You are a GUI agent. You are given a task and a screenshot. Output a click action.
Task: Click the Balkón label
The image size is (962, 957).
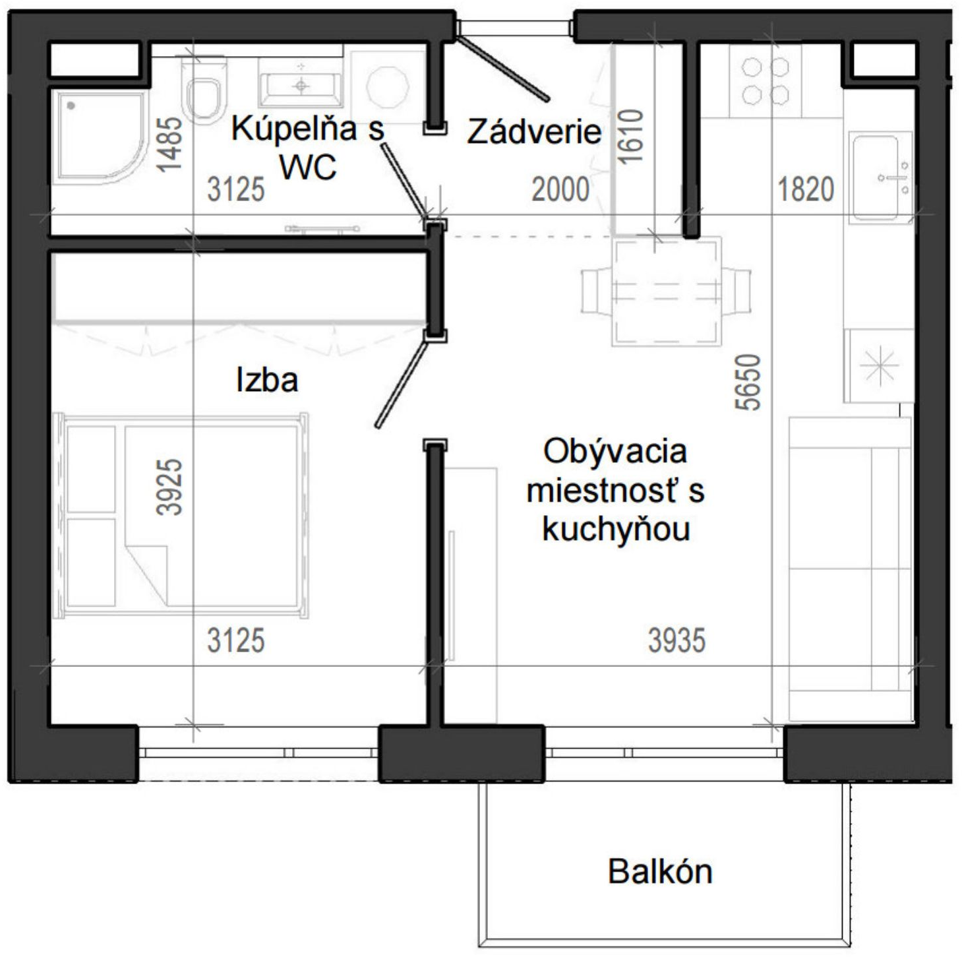click(x=659, y=872)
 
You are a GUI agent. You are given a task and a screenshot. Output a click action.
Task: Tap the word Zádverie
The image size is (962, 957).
click(x=533, y=132)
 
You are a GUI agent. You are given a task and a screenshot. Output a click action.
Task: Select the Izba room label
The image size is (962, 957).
click(x=267, y=380)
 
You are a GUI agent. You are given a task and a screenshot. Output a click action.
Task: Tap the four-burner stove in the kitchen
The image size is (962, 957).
click(x=765, y=81)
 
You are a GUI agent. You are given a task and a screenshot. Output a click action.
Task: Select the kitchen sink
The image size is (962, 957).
click(x=882, y=177)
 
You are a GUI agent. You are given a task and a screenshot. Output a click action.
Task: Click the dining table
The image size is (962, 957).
click(x=667, y=292)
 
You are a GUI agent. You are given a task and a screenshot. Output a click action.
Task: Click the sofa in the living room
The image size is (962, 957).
click(x=850, y=569)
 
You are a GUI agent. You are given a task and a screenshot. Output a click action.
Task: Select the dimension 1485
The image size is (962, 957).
click(x=169, y=145)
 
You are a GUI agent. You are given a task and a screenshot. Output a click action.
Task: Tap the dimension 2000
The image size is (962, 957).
click(x=560, y=190)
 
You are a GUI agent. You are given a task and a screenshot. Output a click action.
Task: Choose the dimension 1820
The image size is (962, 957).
click(x=806, y=190)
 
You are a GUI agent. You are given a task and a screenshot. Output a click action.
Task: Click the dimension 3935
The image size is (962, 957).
click(x=677, y=640)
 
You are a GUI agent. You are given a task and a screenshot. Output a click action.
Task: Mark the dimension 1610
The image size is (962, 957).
click(x=630, y=136)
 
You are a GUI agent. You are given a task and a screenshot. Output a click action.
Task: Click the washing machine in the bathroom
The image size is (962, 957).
click(x=388, y=86)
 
